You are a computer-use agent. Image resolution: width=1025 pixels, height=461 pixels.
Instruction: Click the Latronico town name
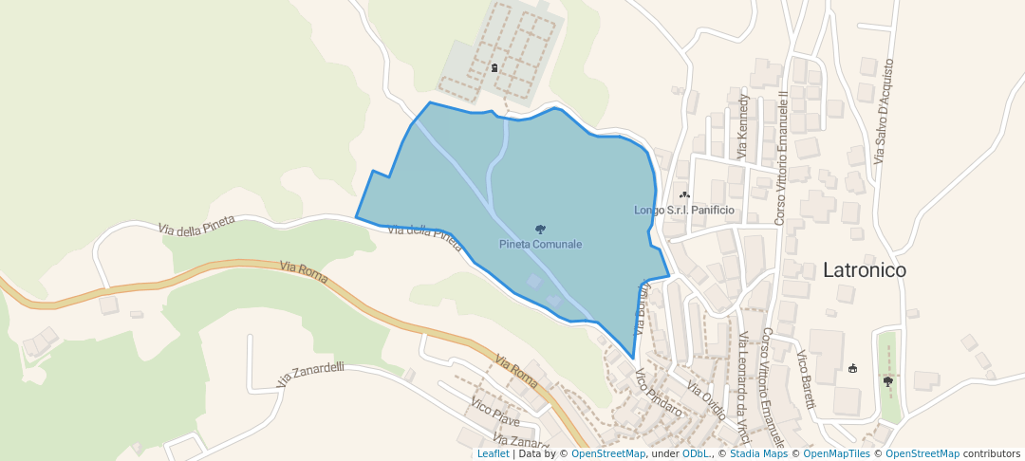(864, 270)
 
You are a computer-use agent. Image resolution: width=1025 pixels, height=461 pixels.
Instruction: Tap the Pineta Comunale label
(540, 244)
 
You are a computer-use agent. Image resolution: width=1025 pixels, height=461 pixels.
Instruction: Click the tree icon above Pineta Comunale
(540, 230)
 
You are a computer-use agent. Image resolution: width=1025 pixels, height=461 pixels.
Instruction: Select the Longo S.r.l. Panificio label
(684, 210)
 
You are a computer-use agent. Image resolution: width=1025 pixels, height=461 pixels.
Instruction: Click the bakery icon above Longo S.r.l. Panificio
(684, 194)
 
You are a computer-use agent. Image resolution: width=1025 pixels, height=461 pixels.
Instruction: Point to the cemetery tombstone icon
(494, 67)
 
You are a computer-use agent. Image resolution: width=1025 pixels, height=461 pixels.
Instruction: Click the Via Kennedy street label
(743, 126)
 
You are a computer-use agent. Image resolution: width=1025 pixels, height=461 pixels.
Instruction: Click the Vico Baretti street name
(805, 380)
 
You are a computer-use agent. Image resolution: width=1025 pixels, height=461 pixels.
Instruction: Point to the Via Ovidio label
(706, 400)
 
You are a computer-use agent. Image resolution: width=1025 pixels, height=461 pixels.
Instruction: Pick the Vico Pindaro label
(659, 393)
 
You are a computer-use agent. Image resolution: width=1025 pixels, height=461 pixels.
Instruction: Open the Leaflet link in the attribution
(493, 453)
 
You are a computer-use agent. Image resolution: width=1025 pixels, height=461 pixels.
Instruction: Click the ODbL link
(696, 453)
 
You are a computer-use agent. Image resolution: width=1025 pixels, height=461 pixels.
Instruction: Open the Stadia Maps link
(757, 453)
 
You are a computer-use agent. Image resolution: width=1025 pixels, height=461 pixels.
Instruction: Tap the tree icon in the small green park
(888, 380)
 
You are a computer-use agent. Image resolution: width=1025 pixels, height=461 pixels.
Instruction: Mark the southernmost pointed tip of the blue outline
(633, 359)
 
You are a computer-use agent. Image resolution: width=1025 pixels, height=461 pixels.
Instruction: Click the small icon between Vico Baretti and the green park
(852, 368)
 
